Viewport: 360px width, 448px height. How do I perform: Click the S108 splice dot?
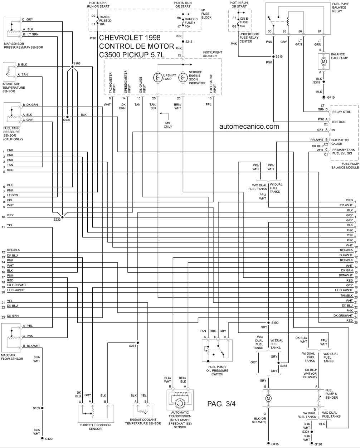(72, 67)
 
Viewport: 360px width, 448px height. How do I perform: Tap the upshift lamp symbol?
(158, 78)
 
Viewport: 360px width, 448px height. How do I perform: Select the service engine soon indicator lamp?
(183, 78)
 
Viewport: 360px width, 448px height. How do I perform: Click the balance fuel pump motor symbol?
(323, 61)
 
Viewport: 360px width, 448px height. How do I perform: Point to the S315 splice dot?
(273, 56)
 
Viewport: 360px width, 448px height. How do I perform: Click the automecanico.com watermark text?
(249, 126)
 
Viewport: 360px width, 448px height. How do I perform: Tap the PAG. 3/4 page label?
(221, 404)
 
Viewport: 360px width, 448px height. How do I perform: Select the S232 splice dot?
(62, 217)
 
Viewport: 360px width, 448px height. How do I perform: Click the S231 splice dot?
(138, 343)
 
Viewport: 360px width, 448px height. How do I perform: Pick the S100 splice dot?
(268, 323)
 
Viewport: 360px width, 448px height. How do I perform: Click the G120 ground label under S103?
(49, 439)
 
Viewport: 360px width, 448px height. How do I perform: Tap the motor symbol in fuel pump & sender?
(268, 398)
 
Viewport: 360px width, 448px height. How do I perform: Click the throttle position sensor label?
(95, 427)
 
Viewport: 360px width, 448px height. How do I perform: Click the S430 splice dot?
(67, 117)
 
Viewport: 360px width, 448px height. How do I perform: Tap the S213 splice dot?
(183, 41)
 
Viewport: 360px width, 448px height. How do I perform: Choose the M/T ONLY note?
(168, 125)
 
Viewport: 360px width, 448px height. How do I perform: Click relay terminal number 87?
(319, 31)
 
